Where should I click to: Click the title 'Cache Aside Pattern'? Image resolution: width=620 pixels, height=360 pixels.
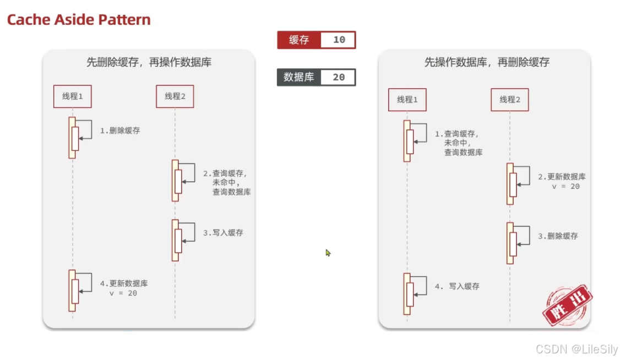click(79, 20)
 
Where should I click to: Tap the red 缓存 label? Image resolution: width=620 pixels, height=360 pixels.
click(298, 40)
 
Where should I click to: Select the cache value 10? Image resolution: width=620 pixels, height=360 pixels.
click(339, 40)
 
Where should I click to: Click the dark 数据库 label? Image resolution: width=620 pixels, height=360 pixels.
click(298, 77)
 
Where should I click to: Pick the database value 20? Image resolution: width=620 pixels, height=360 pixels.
click(339, 77)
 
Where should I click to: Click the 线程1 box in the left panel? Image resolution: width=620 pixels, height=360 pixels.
click(72, 96)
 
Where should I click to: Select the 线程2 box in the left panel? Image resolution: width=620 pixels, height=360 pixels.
click(175, 96)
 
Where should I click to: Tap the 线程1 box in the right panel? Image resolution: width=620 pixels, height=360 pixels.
click(407, 100)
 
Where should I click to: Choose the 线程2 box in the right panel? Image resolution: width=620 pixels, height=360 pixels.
click(510, 100)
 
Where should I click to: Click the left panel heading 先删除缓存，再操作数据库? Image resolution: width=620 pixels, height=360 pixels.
click(149, 62)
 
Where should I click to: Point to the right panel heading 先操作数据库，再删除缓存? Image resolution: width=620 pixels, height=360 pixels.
click(487, 62)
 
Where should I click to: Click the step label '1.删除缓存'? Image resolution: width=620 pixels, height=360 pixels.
click(120, 131)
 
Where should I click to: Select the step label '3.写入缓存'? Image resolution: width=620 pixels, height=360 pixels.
click(223, 233)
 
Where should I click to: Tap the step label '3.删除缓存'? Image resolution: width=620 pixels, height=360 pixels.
click(558, 236)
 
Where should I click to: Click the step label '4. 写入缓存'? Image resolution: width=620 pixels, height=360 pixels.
click(457, 286)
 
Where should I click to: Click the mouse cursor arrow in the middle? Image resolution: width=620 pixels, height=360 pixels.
click(328, 252)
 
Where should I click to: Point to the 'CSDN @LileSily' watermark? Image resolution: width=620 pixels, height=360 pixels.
click(577, 349)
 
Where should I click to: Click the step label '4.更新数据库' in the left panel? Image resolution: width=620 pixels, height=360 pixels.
click(124, 283)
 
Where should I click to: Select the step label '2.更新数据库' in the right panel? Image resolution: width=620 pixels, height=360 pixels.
click(562, 177)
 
